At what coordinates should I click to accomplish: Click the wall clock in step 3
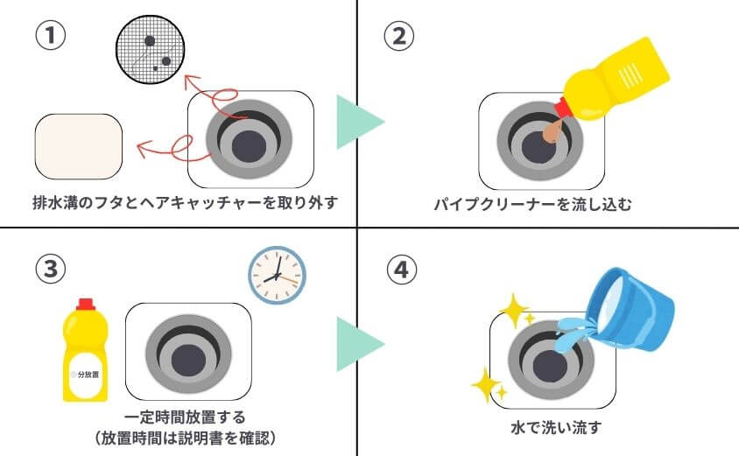coord(276,274)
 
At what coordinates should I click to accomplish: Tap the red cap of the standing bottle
coord(85,304)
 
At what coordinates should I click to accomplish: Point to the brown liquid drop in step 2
coord(552,132)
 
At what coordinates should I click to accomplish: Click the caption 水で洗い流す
coord(555,428)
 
